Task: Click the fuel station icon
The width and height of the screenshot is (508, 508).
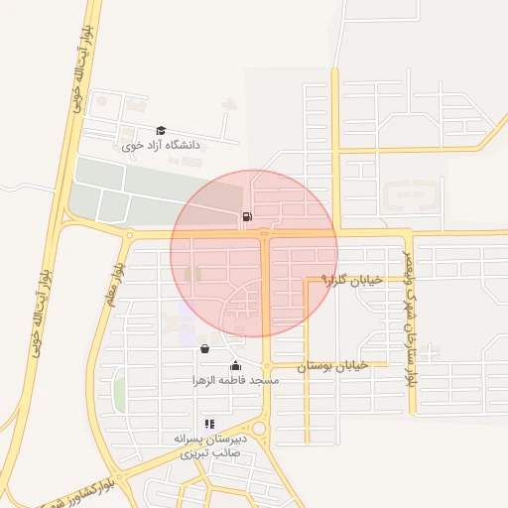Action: pos(245,216)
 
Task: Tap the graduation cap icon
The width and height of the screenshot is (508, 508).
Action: pos(161,130)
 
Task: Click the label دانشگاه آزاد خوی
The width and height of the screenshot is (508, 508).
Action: pos(161,146)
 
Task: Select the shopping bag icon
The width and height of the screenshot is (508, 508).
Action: pos(204,348)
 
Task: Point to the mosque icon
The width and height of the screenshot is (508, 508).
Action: pos(235,365)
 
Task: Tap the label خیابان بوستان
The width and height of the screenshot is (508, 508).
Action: pos(332,365)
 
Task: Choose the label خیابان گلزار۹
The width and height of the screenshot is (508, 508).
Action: pos(351,281)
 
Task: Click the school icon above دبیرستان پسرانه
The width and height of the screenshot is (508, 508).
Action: pos(209,424)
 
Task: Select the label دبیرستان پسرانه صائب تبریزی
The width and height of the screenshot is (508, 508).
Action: pos(209,445)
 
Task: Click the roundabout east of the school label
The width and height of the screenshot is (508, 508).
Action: pos(260,429)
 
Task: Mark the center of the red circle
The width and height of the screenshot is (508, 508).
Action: pos(254,253)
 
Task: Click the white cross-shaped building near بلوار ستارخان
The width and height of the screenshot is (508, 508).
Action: pos(431,350)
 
